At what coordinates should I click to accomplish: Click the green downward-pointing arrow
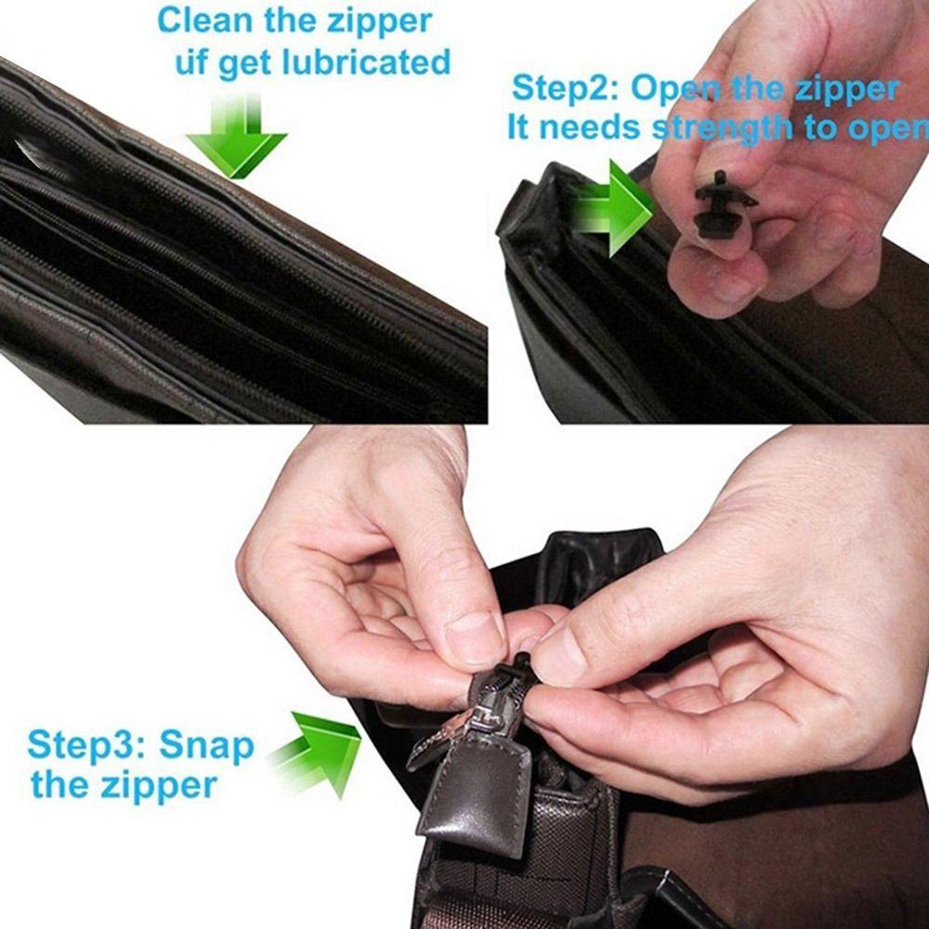tap(236, 139)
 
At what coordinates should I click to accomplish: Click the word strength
tap(722, 128)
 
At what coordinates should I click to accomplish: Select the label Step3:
tap(86, 745)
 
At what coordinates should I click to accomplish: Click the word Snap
tap(206, 745)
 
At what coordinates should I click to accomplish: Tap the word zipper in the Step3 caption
tap(151, 786)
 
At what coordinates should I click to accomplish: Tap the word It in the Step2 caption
tap(517, 128)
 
